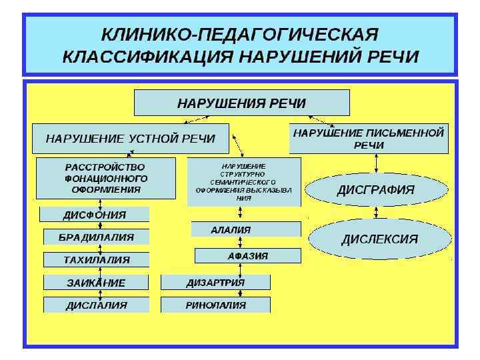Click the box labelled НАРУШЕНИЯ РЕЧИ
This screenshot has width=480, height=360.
coord(241,103)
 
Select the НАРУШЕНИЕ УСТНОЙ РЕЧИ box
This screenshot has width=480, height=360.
coord(131,139)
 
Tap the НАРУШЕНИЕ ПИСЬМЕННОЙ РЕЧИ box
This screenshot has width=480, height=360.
coord(369,139)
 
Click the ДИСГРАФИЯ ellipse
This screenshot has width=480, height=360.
coord(376,189)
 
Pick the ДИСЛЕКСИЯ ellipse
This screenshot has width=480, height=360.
coord(379,239)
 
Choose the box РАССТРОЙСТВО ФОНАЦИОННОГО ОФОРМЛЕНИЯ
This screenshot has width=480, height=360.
coord(106,177)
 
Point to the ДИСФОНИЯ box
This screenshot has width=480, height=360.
coord(95,215)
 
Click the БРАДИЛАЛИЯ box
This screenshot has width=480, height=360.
coord(97,237)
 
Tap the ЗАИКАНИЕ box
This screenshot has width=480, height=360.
coord(96,282)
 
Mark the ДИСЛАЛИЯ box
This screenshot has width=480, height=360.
coord(96,305)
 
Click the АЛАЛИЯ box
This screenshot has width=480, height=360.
coord(245,229)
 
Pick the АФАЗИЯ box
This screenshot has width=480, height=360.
coord(247,255)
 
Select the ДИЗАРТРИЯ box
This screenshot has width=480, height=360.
coord(215,282)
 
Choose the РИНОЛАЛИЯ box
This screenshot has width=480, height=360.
coord(215,305)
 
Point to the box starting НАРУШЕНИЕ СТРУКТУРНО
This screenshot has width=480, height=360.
coord(244,181)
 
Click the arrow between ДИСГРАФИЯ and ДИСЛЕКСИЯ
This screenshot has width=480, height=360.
coord(378,212)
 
